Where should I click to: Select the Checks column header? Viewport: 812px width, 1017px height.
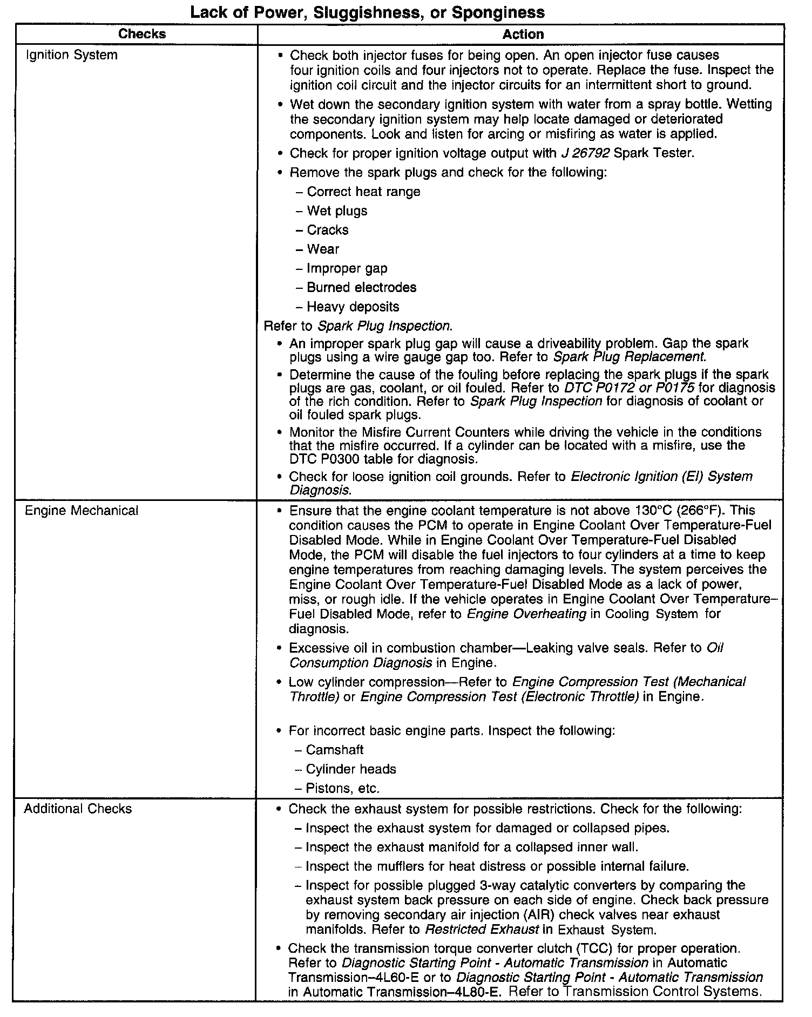[x=142, y=34]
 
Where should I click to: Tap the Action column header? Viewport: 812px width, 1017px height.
[x=523, y=35]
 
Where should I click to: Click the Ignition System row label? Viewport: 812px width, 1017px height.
[x=72, y=55]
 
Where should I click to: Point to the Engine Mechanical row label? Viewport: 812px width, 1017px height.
[x=82, y=511]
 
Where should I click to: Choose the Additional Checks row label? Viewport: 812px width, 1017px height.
[x=78, y=809]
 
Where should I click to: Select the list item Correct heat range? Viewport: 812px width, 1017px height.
[x=363, y=192]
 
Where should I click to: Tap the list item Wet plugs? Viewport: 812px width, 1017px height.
[x=337, y=211]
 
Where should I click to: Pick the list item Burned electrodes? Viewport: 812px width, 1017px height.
[x=361, y=288]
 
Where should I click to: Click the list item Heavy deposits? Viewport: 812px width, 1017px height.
[x=353, y=307]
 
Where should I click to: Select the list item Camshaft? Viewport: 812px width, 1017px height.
[x=334, y=750]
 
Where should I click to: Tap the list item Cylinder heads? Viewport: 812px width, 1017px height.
[x=350, y=769]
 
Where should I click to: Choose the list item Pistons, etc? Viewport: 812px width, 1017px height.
[x=342, y=789]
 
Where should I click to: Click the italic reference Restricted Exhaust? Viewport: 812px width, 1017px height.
[x=482, y=930]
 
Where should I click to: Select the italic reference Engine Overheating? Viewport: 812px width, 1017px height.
[x=526, y=614]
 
